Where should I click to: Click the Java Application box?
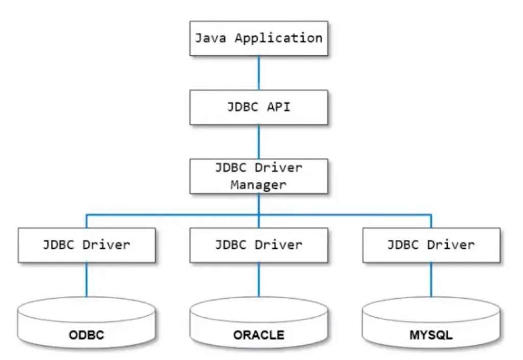(x=259, y=38)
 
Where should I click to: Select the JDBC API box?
(x=259, y=107)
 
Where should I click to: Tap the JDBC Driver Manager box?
(x=259, y=176)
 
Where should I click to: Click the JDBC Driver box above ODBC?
(x=86, y=245)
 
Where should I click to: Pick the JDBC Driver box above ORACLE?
(x=259, y=245)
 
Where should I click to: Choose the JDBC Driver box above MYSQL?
(x=431, y=245)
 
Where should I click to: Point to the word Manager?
(x=258, y=184)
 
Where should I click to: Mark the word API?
(x=278, y=107)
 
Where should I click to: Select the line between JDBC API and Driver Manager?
(x=259, y=141)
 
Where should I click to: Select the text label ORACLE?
(x=259, y=335)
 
